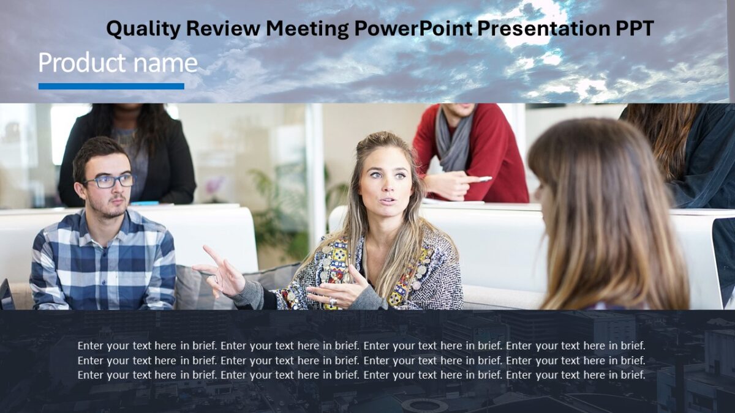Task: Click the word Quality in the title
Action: point(143,28)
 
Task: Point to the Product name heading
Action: point(118,63)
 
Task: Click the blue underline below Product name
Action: point(111,86)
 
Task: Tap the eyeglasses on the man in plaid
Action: point(110,181)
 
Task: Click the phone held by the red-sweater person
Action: point(484,179)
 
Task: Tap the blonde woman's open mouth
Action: point(386,200)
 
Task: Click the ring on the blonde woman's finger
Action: point(333,302)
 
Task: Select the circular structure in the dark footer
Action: point(424,405)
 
